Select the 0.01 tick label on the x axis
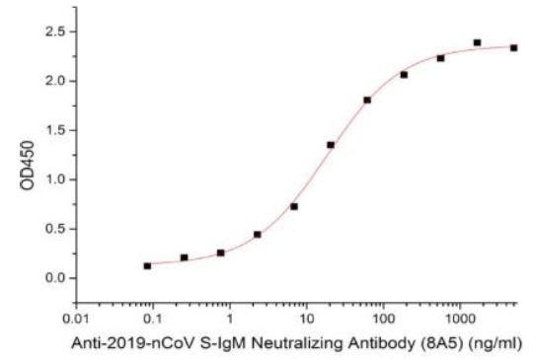pos(75,320)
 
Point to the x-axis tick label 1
pos(230,320)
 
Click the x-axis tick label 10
pos(306,320)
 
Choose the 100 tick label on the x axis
pos(383,320)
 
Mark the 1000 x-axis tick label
pos(459,320)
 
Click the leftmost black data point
pos(147,265)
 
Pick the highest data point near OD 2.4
pos(477,42)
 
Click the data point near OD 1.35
pos(331,145)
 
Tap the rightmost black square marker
pos(513,47)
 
